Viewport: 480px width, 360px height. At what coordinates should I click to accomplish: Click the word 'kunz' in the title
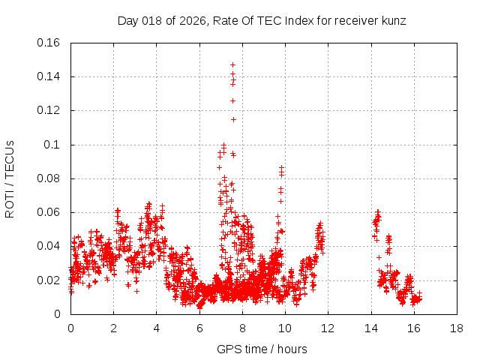(x=392, y=21)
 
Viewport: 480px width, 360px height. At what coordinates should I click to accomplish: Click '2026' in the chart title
(x=190, y=21)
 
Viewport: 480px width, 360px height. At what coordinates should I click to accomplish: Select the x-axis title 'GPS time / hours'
(x=262, y=349)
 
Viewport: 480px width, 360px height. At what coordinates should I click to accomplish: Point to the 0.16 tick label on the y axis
(x=49, y=43)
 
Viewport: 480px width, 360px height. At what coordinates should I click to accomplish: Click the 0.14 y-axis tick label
(x=49, y=76)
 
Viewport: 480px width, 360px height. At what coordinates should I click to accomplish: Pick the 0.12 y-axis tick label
(x=49, y=110)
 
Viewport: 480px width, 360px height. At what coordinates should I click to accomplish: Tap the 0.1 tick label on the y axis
(x=53, y=145)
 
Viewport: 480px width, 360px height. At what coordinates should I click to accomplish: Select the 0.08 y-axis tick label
(x=49, y=178)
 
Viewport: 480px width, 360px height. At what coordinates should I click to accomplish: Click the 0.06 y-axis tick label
(x=49, y=212)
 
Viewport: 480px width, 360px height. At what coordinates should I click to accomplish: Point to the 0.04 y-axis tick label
(x=49, y=246)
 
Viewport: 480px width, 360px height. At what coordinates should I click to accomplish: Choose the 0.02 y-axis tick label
(x=49, y=280)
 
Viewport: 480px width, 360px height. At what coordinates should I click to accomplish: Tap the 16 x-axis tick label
(x=414, y=328)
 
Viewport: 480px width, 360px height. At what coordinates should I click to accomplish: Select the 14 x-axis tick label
(x=370, y=328)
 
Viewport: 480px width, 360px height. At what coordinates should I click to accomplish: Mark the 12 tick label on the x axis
(x=328, y=328)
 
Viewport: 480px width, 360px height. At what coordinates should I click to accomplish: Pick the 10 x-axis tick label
(x=285, y=328)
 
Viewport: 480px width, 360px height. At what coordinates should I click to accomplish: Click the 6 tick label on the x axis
(x=199, y=328)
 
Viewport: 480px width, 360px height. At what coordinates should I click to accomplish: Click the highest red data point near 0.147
(x=232, y=64)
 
